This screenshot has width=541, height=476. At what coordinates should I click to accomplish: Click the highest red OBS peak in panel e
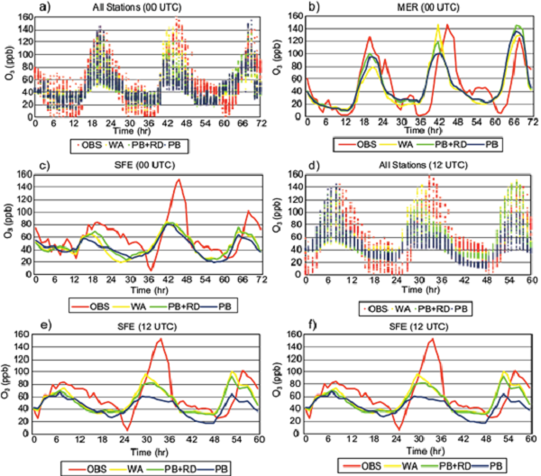pos(160,340)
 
